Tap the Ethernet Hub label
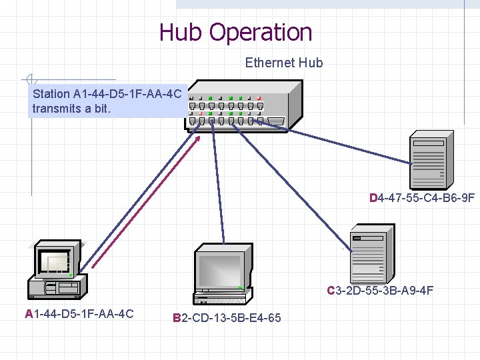tap(283, 63)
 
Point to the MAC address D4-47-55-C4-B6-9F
tap(422, 197)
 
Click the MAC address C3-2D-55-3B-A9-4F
tap(380, 290)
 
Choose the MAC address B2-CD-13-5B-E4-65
tap(227, 318)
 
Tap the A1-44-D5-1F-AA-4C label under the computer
tap(79, 313)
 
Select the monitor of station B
tap(222, 267)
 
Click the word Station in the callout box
tap(51, 93)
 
